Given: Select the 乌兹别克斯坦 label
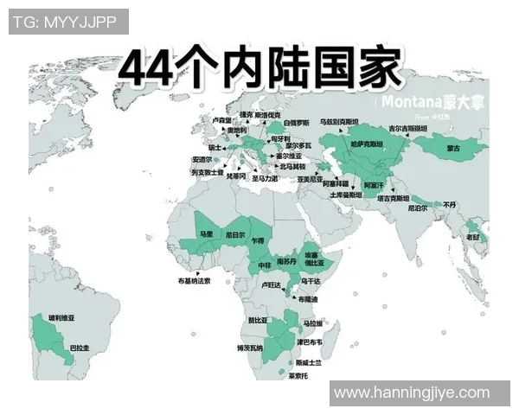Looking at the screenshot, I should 338,122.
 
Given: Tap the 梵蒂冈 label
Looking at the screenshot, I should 236,176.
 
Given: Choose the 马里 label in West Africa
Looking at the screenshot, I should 205,233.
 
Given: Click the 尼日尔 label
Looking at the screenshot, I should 234,233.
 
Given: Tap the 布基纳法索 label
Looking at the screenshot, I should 194,280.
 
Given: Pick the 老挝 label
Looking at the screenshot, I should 473,237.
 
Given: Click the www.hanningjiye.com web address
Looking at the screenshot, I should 411,393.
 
